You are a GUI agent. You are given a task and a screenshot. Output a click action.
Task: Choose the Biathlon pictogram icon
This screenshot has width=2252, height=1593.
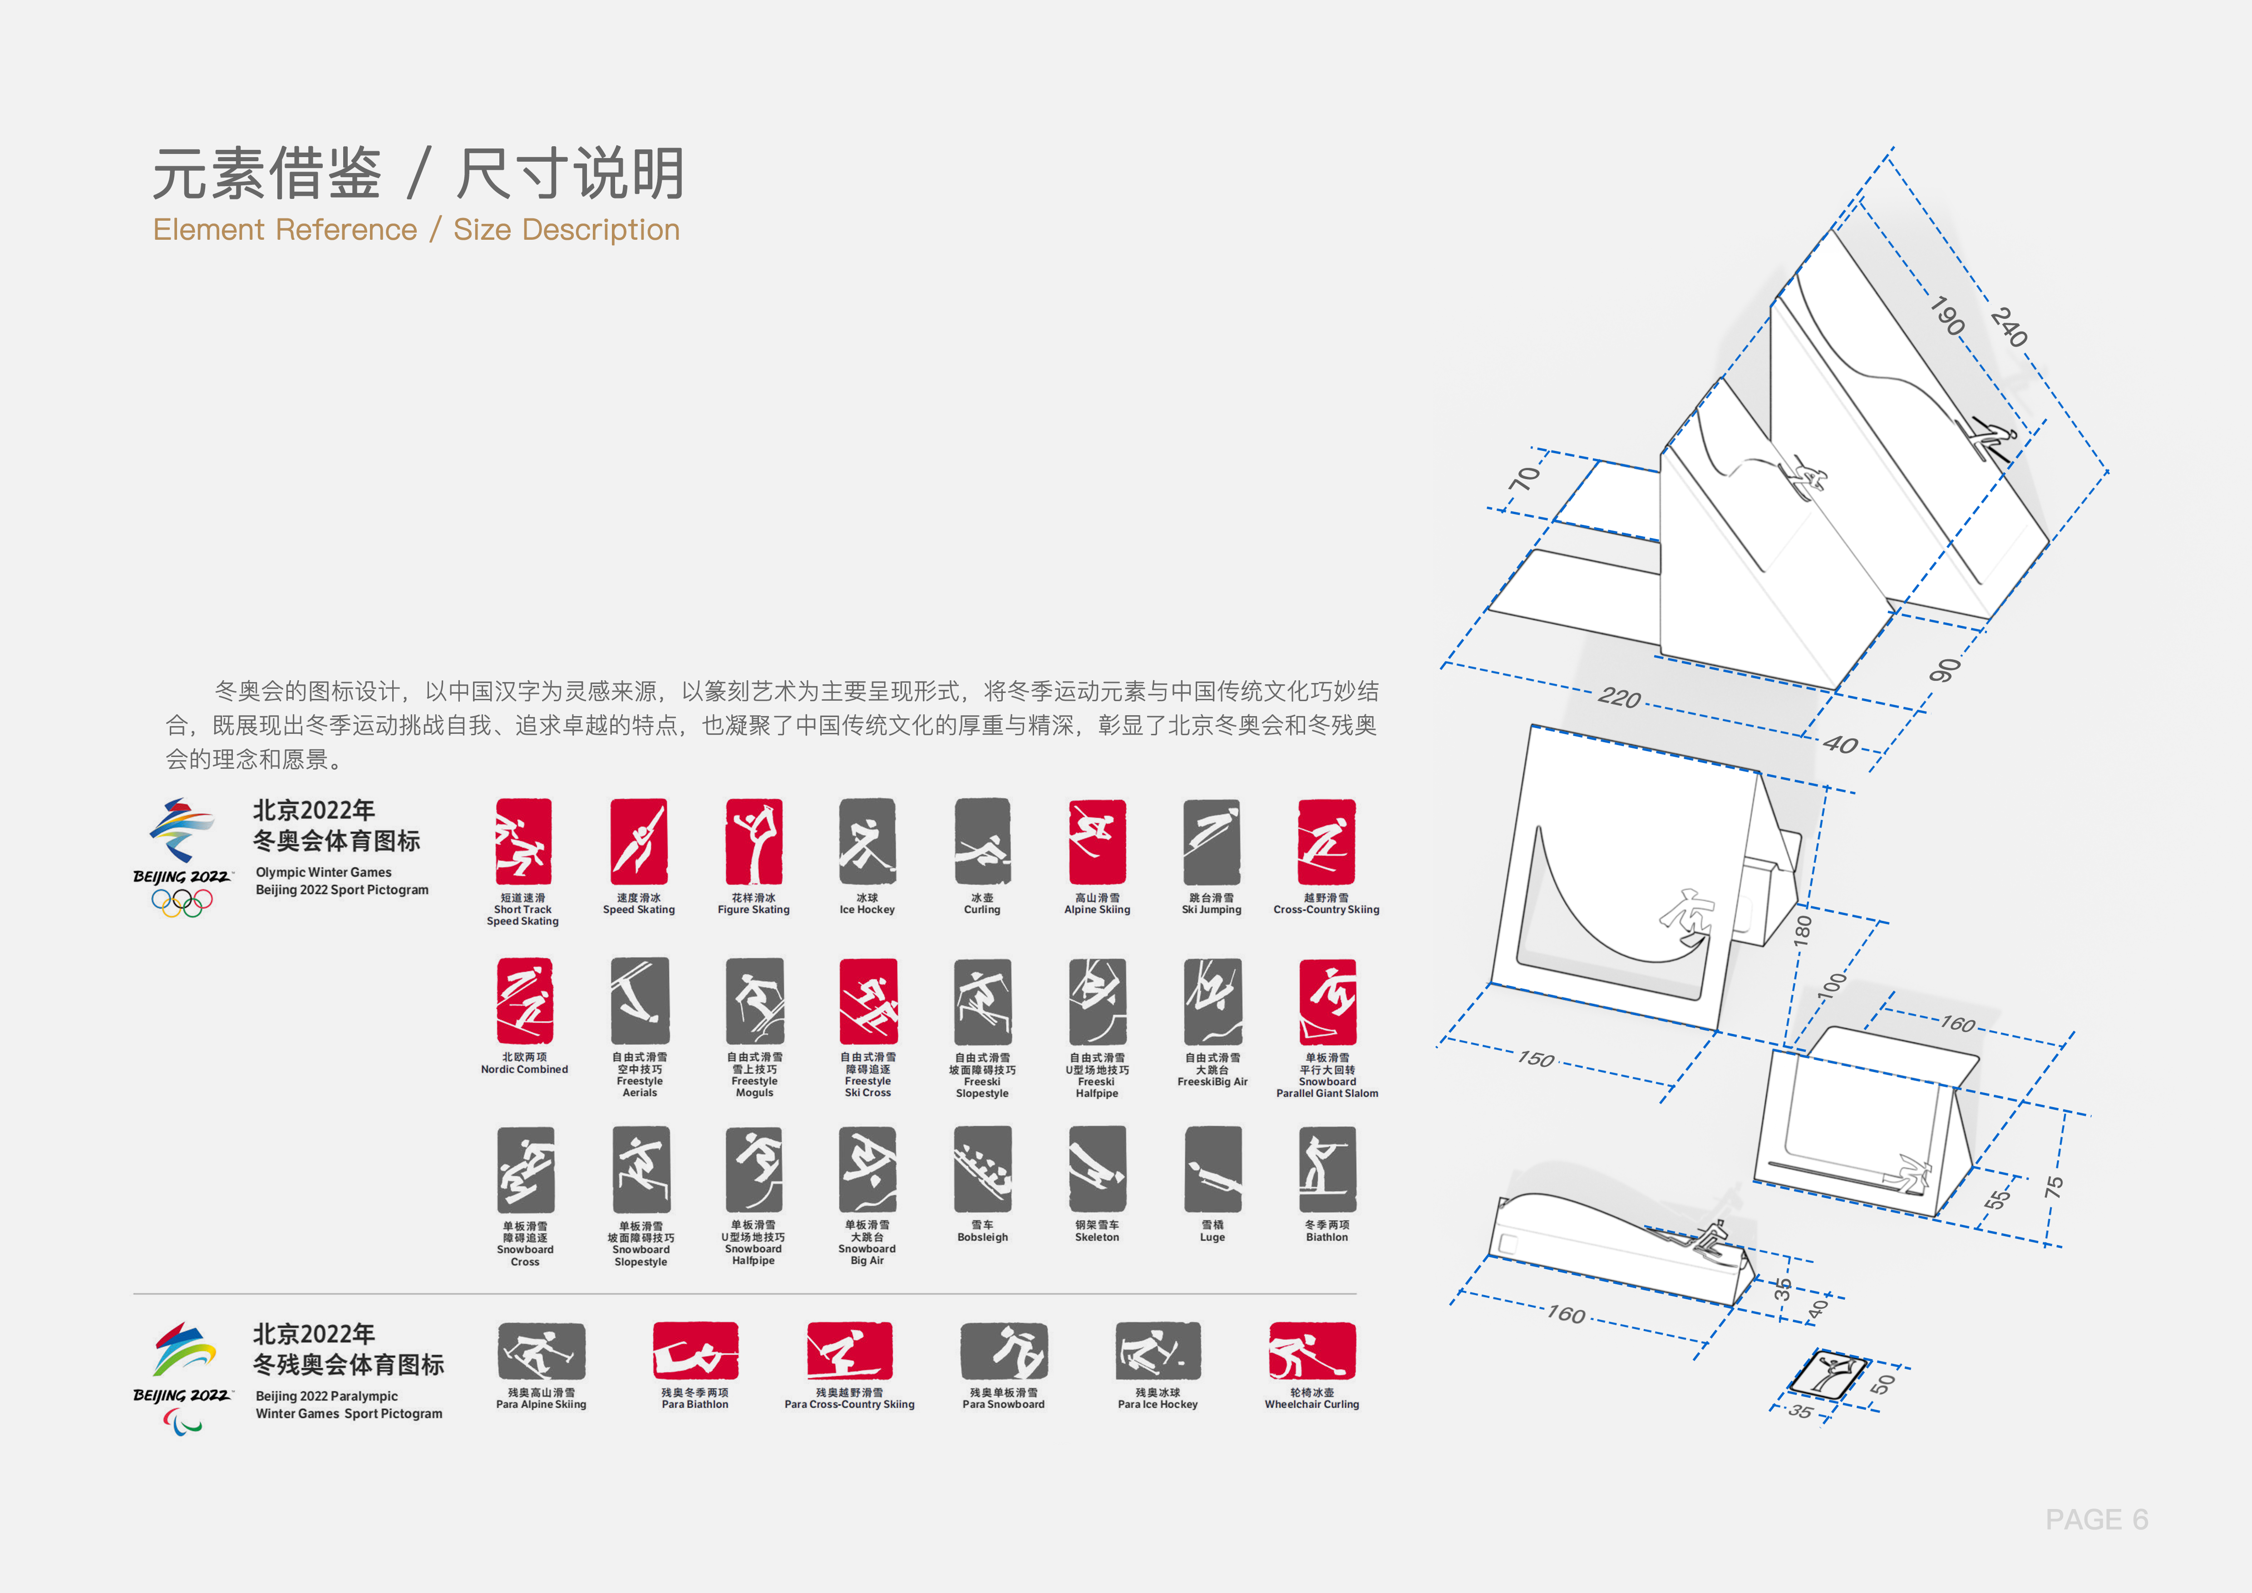click(x=1327, y=1169)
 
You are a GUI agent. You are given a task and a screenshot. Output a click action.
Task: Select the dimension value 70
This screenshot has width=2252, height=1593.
click(x=1524, y=479)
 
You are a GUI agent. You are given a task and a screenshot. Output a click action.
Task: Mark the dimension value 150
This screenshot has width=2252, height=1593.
click(x=1536, y=1059)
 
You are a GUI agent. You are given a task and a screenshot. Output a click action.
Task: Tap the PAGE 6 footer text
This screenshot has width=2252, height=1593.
click(x=2096, y=1519)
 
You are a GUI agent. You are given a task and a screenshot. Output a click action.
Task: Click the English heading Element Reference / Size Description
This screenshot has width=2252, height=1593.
click(x=416, y=229)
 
